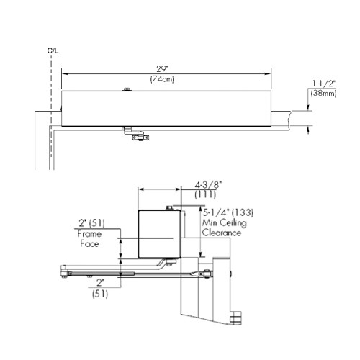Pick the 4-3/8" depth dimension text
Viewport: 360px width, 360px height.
(210, 185)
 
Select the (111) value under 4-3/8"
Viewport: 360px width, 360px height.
(210, 195)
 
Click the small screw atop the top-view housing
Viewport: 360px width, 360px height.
(127, 89)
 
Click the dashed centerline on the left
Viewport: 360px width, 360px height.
(50, 108)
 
